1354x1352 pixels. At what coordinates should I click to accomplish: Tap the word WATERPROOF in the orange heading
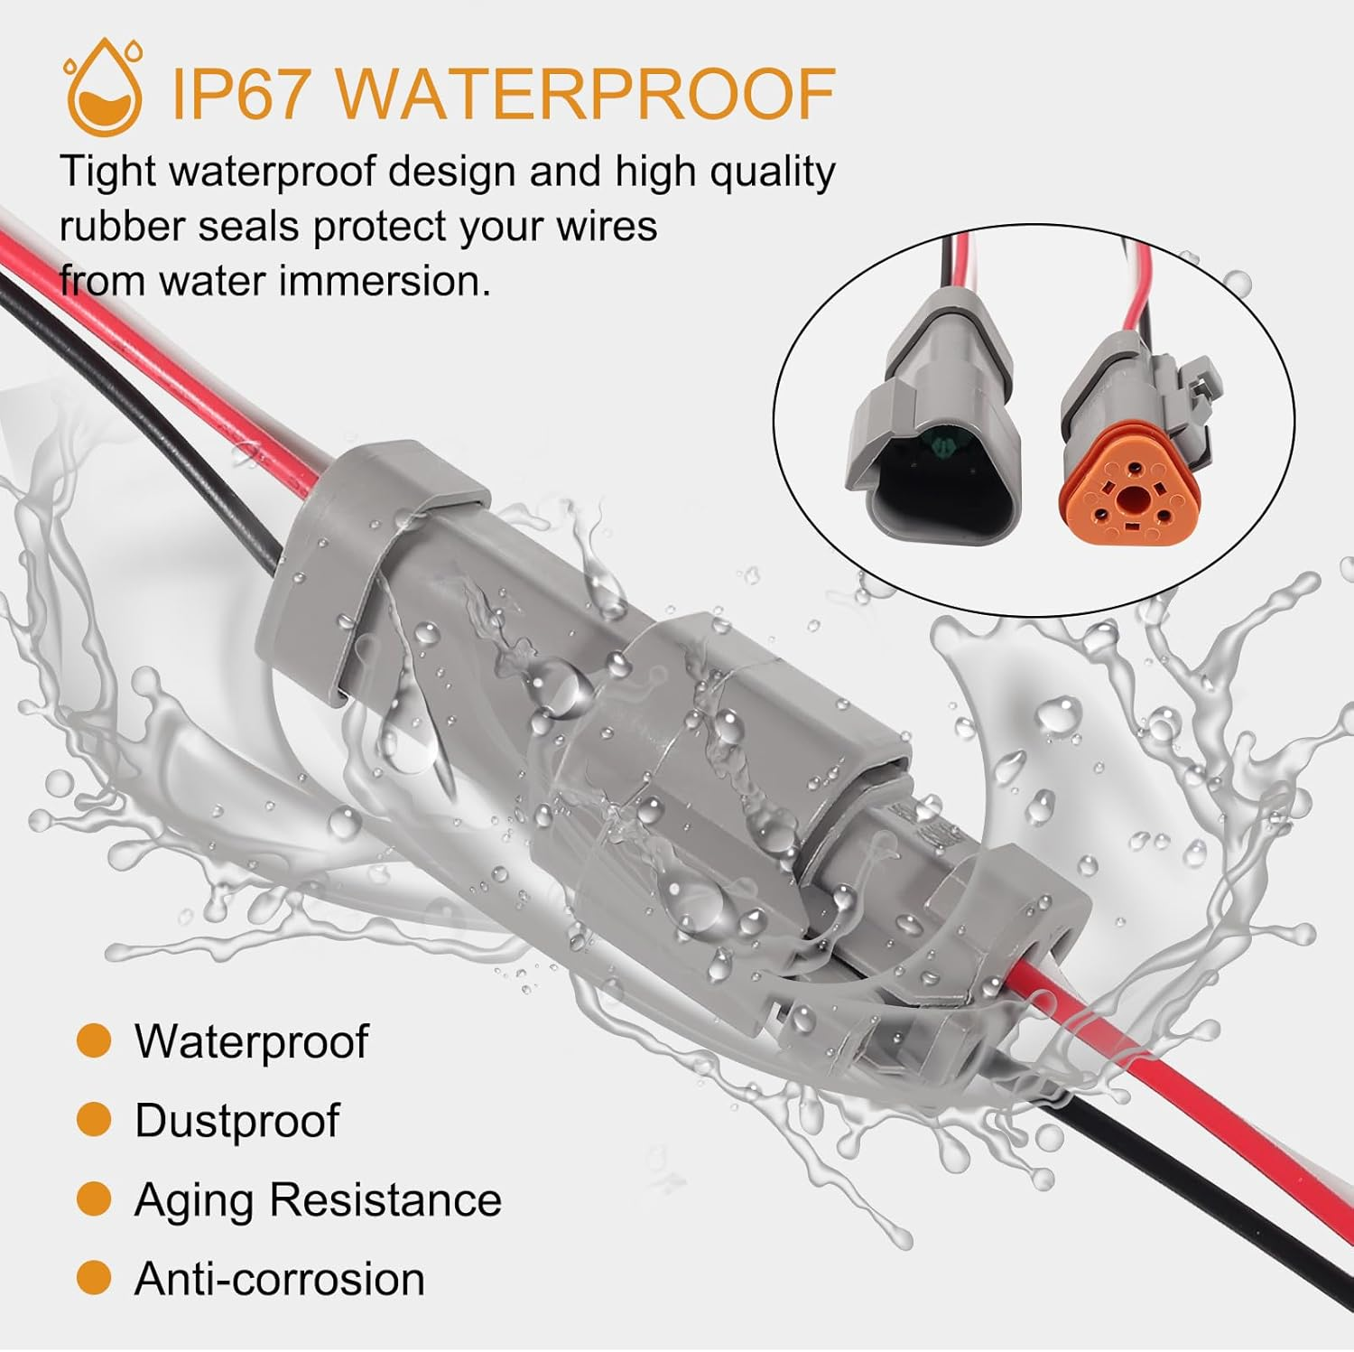[587, 93]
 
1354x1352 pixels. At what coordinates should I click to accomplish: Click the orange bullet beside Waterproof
[94, 1040]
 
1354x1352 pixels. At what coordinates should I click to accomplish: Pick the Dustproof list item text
[236, 1121]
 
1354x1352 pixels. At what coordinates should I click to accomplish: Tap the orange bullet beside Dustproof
[94, 1120]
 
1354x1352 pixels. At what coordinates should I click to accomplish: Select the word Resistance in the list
[385, 1200]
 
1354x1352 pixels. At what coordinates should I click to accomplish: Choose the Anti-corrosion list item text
[279, 1279]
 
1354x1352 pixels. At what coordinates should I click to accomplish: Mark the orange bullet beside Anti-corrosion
[94, 1278]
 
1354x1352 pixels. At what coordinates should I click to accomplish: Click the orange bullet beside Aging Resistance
[94, 1199]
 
